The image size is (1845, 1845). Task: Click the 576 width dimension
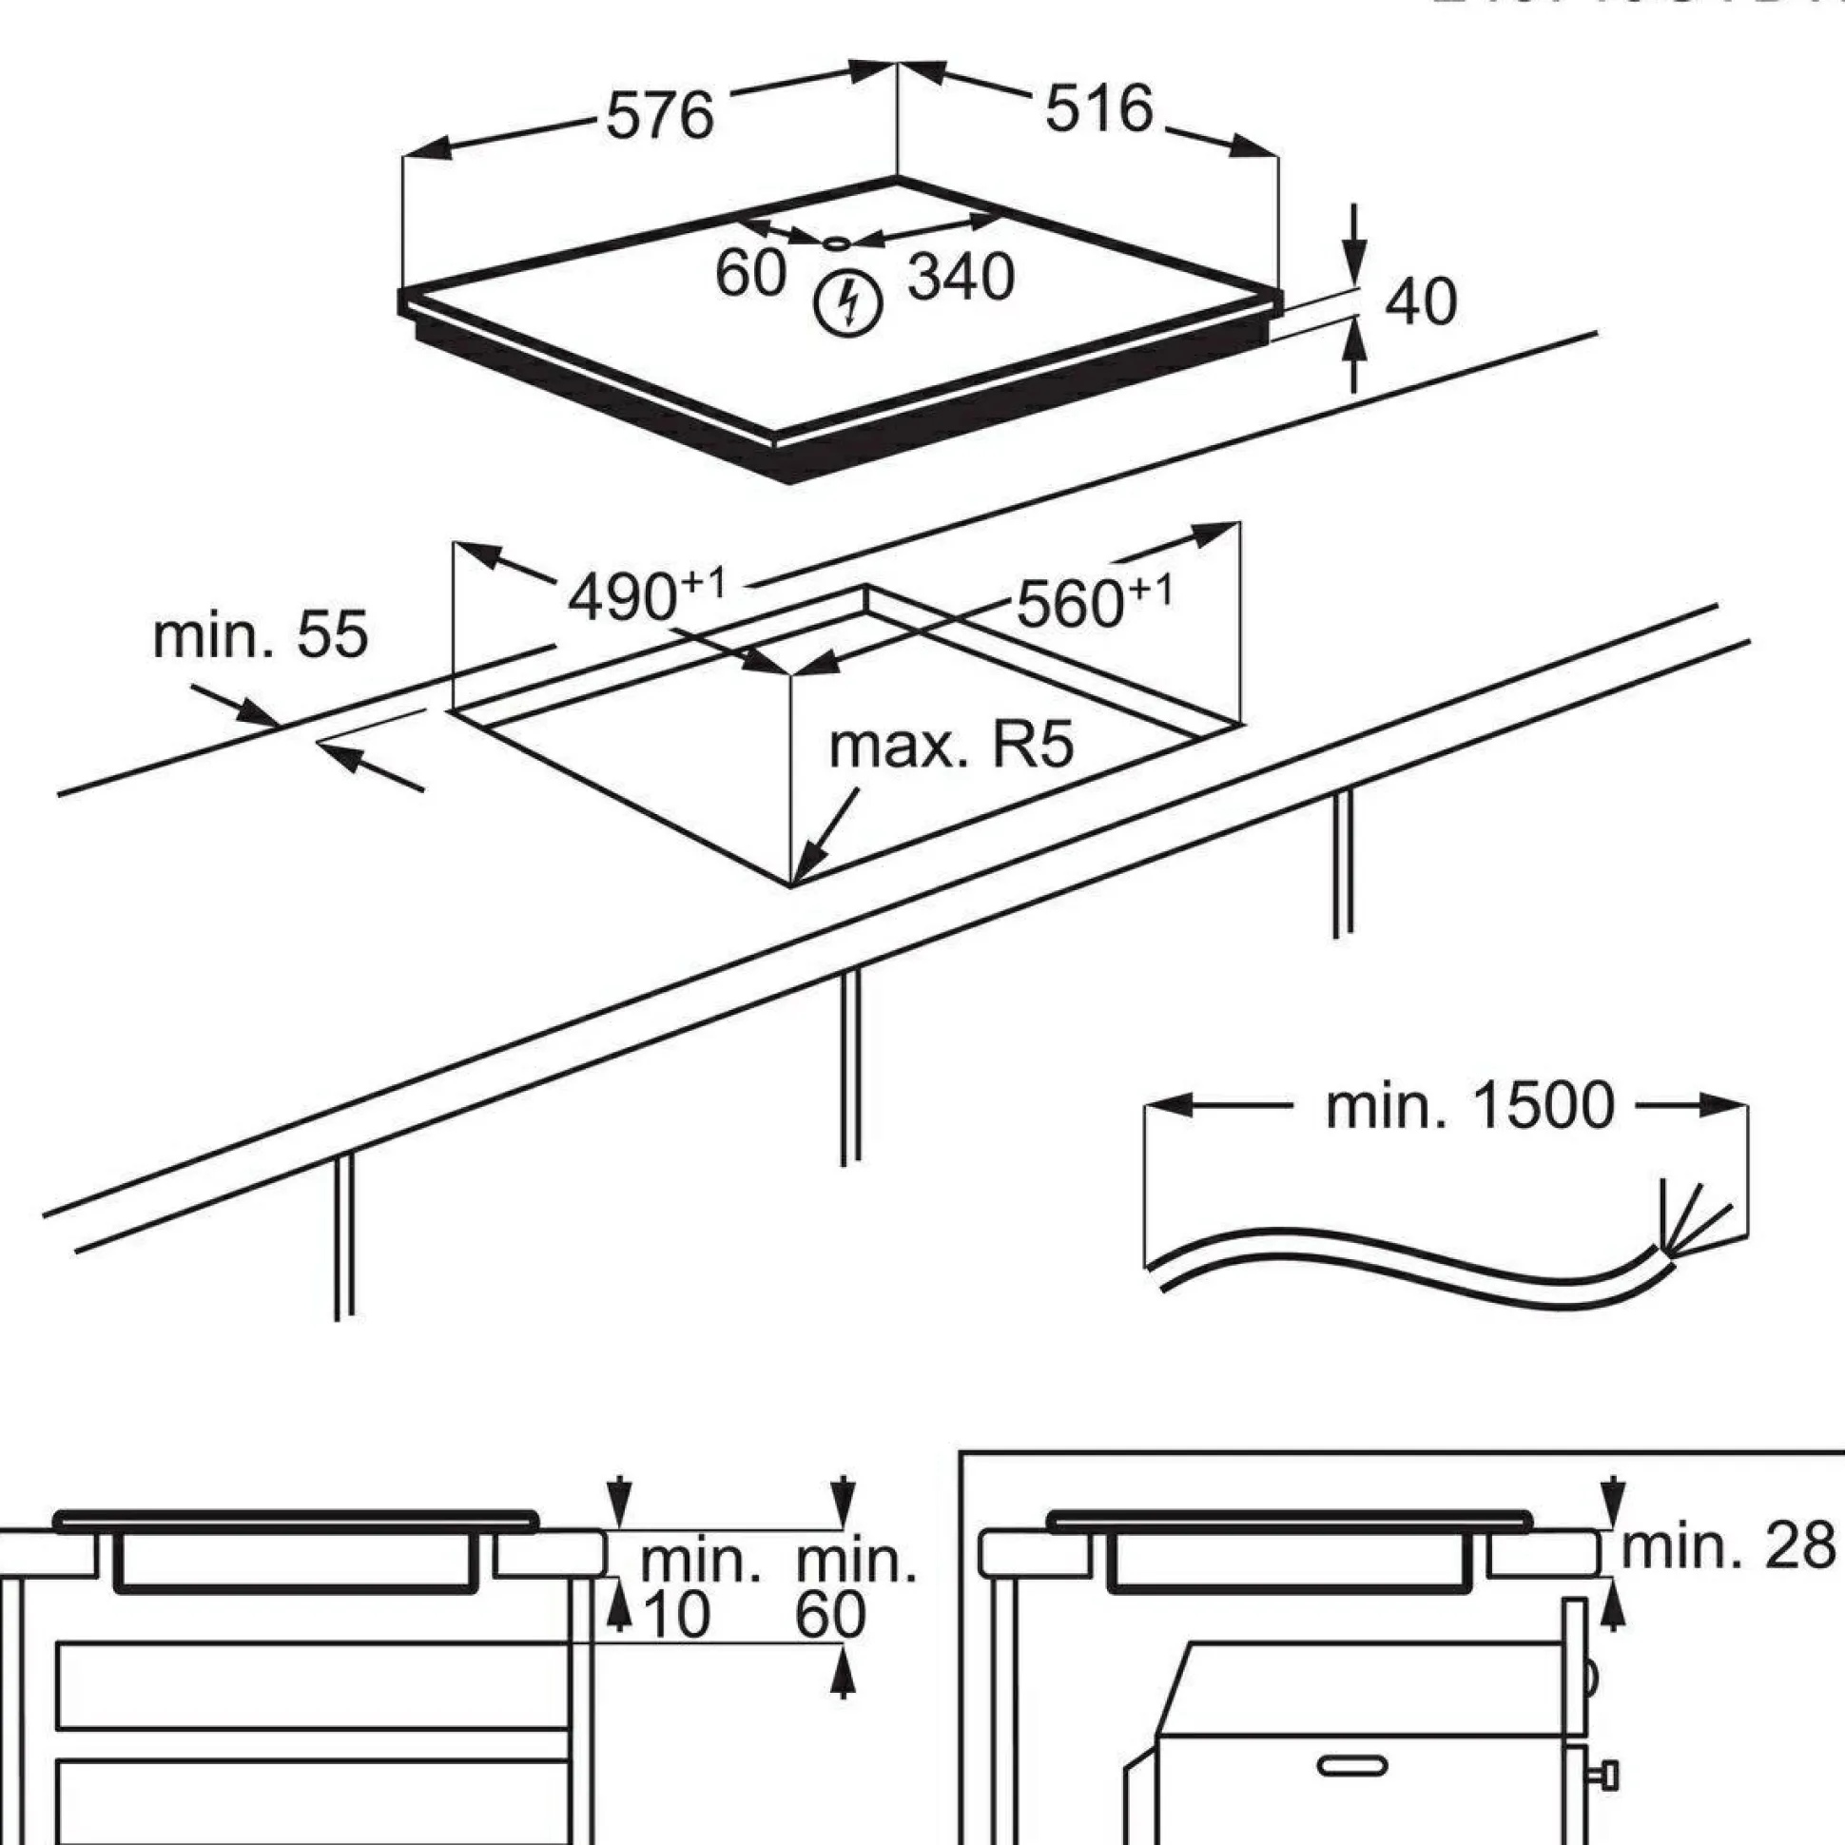[x=660, y=116]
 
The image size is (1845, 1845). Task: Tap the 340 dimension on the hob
[x=960, y=278]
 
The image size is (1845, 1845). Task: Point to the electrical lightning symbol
[x=847, y=304]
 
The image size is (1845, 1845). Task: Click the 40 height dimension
[x=1420, y=302]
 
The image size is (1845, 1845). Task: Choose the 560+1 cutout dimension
[x=1093, y=602]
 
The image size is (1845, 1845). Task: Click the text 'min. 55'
[x=260, y=635]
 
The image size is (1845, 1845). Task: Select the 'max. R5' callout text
[x=951, y=746]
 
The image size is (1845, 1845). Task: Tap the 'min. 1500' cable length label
[x=1469, y=1106]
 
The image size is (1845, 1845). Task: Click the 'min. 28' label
[x=1728, y=1546]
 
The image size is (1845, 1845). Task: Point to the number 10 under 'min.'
[x=677, y=1614]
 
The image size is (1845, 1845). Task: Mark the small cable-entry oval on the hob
[x=837, y=243]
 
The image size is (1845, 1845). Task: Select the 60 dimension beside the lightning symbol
[x=750, y=273]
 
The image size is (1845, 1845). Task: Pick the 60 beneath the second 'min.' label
[x=830, y=1614]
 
